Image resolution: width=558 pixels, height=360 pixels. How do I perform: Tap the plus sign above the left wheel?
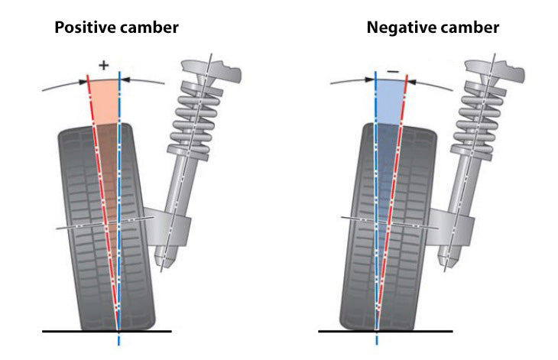tap(104, 66)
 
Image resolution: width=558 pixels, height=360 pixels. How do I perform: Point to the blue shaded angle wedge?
tap(391, 99)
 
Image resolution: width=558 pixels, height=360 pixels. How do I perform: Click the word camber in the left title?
tap(151, 28)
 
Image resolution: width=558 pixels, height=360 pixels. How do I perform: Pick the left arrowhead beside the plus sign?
tap(85, 79)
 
